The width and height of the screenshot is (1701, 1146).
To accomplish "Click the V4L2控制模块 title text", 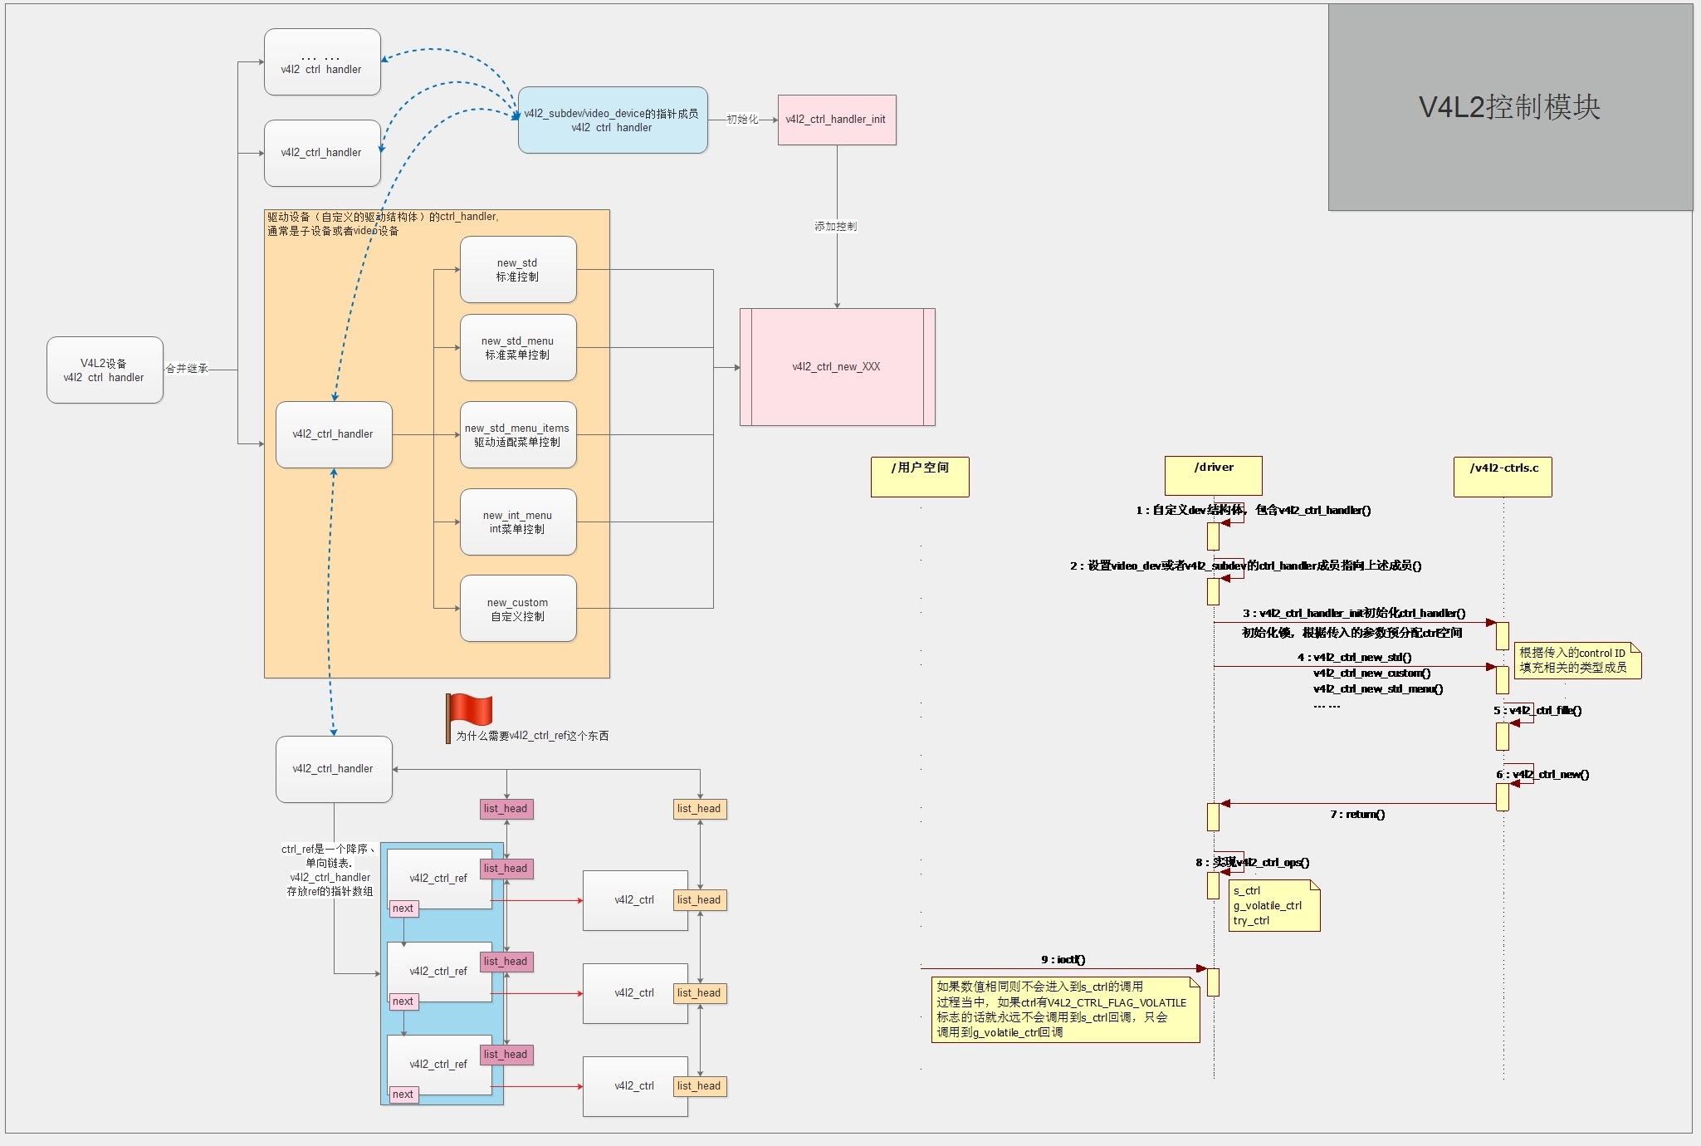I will (1509, 107).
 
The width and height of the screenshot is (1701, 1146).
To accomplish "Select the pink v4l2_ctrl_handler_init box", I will (836, 120).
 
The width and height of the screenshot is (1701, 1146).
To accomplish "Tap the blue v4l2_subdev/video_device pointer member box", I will (613, 120).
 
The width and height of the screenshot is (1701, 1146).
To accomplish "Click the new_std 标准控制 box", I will (518, 270).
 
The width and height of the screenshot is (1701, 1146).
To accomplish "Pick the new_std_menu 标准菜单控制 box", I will (518, 348).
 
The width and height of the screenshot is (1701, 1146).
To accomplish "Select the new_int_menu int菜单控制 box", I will (518, 522).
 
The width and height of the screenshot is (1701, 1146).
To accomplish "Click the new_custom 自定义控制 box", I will (518, 610).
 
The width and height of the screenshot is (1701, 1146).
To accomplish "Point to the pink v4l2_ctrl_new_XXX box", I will (837, 367).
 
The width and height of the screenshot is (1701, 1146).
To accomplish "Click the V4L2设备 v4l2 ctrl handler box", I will (105, 370).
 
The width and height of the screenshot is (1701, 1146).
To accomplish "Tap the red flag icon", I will (469, 713).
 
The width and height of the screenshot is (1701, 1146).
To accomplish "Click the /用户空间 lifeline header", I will (920, 477).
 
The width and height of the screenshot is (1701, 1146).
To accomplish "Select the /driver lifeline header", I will (1213, 476).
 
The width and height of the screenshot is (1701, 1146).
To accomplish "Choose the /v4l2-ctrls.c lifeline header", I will (1503, 477).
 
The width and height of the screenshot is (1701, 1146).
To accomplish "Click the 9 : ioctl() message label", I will (1063, 959).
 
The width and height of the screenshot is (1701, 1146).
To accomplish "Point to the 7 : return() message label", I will (1357, 814).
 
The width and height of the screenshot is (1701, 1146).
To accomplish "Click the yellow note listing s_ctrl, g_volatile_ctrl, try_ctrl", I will (1274, 906).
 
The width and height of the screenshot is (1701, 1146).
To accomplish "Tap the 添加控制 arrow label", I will (835, 226).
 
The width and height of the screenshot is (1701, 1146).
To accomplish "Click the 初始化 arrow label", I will (742, 120).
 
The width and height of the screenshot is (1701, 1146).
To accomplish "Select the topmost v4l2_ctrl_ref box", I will (437, 879).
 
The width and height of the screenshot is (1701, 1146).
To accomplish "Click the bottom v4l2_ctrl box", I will (634, 1086).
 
